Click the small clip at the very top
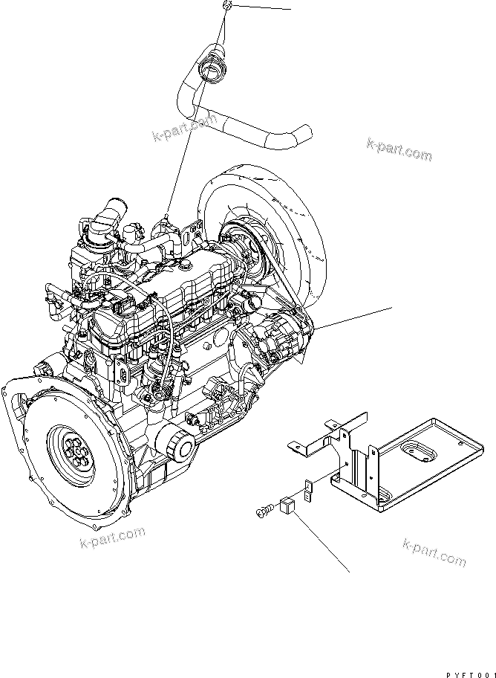(x=226, y=4)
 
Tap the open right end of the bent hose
(x=307, y=129)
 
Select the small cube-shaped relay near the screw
(x=288, y=506)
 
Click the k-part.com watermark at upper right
(x=399, y=149)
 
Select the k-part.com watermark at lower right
(x=434, y=553)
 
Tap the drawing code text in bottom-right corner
(x=471, y=674)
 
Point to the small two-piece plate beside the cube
(x=306, y=491)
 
